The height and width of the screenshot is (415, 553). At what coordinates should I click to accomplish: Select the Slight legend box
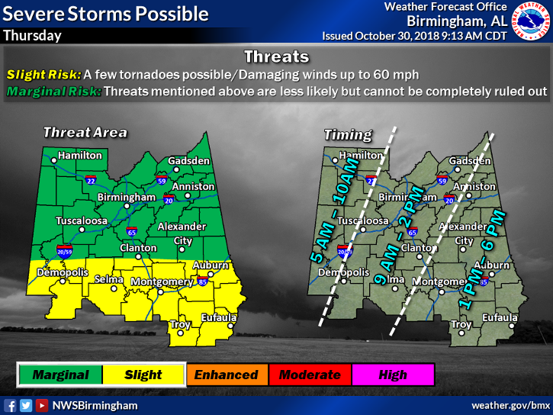click(143, 375)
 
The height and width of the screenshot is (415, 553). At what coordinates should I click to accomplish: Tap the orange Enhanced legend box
click(226, 375)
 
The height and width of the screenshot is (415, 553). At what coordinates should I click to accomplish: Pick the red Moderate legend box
click(309, 375)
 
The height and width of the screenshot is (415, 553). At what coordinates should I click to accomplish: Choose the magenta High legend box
click(392, 375)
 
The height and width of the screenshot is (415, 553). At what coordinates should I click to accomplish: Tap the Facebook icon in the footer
click(11, 405)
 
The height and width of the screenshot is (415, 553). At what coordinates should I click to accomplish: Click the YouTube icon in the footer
click(42, 405)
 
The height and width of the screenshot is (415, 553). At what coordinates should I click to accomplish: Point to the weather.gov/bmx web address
click(510, 405)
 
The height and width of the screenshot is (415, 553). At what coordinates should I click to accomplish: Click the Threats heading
click(276, 56)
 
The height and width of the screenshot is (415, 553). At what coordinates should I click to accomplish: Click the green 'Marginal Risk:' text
click(53, 92)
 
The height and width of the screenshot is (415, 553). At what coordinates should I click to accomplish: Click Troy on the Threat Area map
click(181, 324)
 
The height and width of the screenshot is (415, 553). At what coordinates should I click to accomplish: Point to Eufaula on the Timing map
click(500, 317)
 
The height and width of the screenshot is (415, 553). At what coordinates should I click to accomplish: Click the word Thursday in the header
click(31, 36)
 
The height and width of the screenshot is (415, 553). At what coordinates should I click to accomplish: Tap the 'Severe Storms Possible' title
click(105, 13)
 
